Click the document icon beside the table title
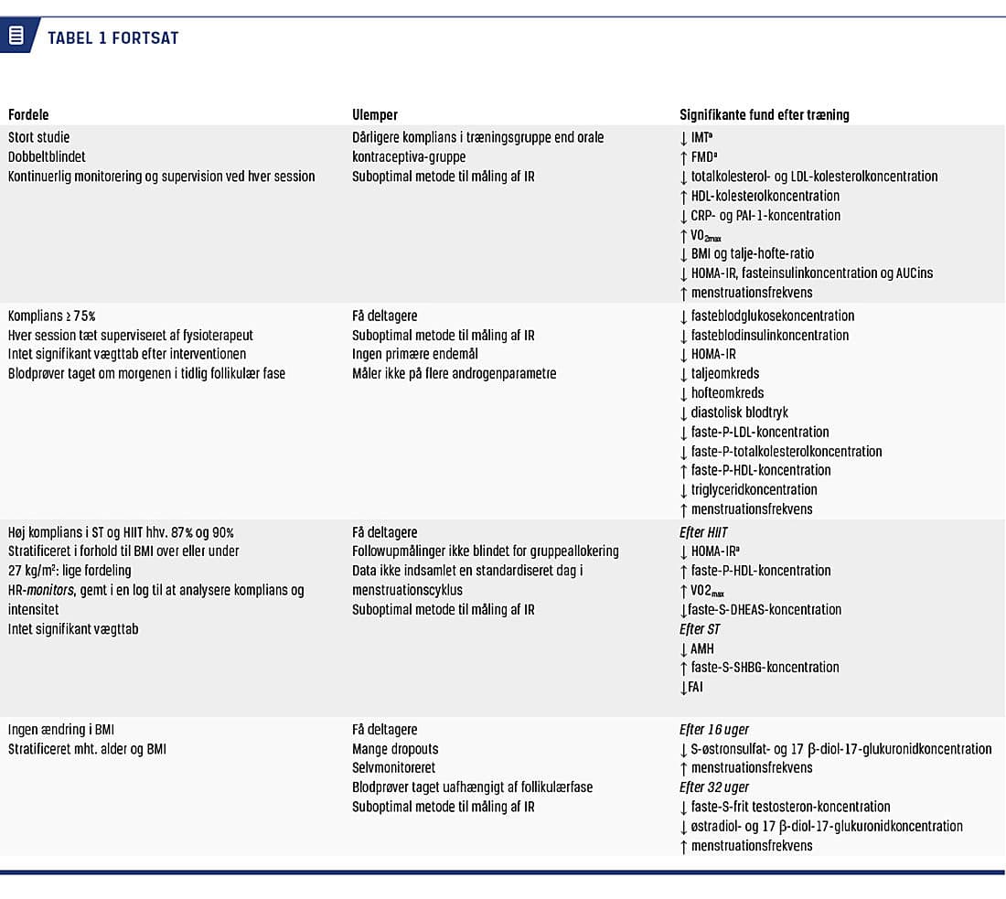(x=16, y=37)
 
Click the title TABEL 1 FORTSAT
(x=112, y=38)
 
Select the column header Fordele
(x=28, y=115)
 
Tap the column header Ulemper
(x=375, y=115)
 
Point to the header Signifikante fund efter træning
(x=764, y=115)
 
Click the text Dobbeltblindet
(x=47, y=157)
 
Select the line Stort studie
(x=40, y=137)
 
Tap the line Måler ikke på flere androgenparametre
(x=455, y=373)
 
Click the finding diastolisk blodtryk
(x=739, y=412)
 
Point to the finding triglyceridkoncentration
(x=754, y=490)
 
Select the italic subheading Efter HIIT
(x=703, y=532)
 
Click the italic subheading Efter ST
(x=700, y=629)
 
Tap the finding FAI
(x=696, y=687)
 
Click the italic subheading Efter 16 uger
(x=714, y=730)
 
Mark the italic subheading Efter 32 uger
(x=714, y=787)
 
